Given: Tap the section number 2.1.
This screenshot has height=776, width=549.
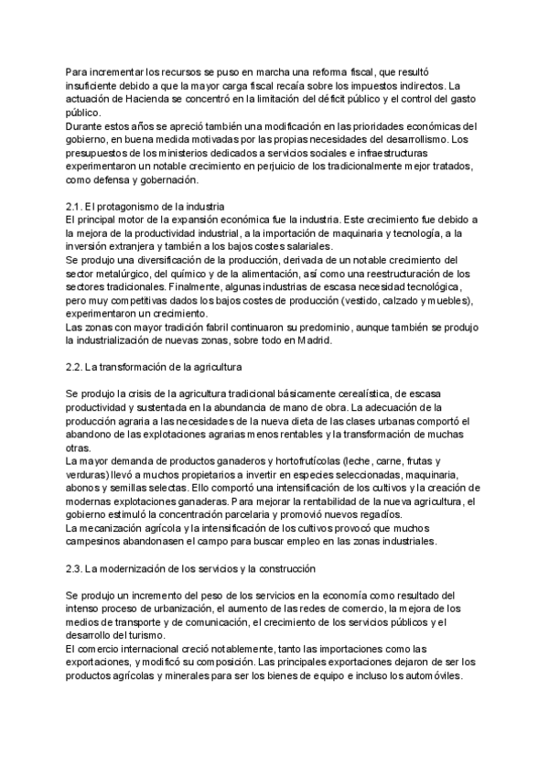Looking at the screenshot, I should pos(75,207).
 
